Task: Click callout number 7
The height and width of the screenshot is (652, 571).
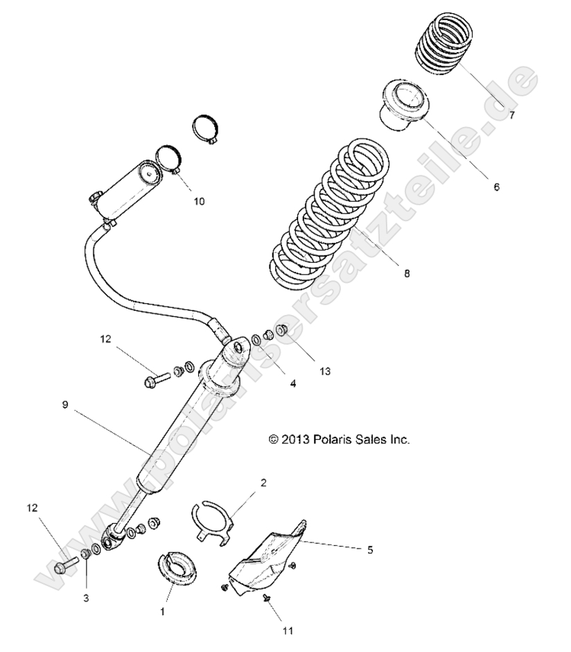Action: coord(511,116)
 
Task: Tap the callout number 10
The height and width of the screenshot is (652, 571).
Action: coord(199,202)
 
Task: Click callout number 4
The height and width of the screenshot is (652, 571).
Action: coord(293,383)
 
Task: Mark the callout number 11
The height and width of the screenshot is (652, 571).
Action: coord(288,630)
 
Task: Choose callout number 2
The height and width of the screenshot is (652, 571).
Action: coord(263,481)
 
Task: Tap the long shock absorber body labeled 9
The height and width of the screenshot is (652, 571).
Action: coord(182,430)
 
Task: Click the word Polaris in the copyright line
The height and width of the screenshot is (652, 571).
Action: coord(331,439)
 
